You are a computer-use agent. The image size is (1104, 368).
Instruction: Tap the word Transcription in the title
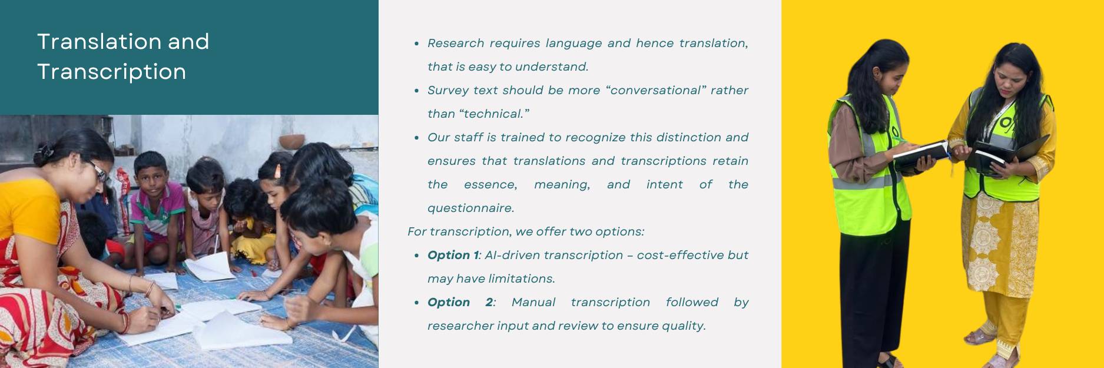(111, 72)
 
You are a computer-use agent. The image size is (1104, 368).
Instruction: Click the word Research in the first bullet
(456, 43)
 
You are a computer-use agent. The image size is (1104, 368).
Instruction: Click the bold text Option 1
(453, 255)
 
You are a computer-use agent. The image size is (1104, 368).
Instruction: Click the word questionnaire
(470, 208)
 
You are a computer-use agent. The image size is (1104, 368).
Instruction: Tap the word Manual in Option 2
(533, 302)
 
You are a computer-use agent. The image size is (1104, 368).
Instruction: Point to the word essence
(490, 184)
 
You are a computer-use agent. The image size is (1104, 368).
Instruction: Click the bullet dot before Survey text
(416, 91)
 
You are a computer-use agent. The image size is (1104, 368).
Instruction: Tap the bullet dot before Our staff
(416, 138)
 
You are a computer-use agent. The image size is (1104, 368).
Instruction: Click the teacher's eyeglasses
(98, 171)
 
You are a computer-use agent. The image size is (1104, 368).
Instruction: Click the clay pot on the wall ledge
(291, 141)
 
